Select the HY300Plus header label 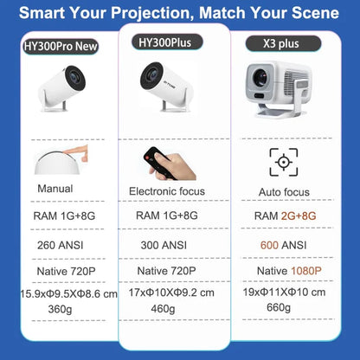(170, 42)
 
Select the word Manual (55, 189)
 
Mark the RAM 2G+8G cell (286, 215)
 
